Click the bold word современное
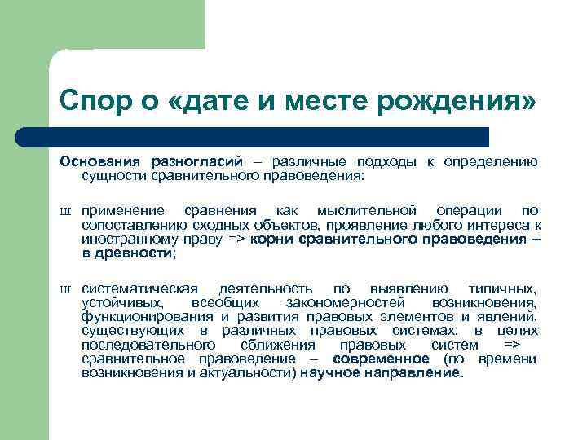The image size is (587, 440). click(x=381, y=359)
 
